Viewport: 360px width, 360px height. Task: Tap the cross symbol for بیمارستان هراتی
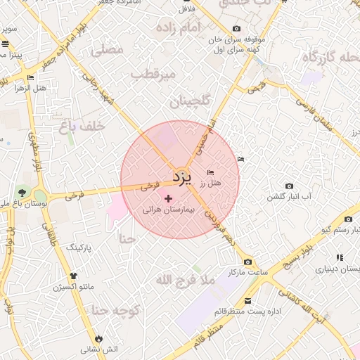click(x=168, y=198)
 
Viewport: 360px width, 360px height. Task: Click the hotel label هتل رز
click(x=210, y=183)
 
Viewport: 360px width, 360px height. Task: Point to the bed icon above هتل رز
click(x=210, y=172)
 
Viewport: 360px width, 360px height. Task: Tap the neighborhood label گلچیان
click(x=191, y=101)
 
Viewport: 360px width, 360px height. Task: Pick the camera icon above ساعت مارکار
click(x=247, y=262)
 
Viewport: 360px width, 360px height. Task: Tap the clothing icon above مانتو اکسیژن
click(x=73, y=276)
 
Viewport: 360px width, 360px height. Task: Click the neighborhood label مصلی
click(x=107, y=50)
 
